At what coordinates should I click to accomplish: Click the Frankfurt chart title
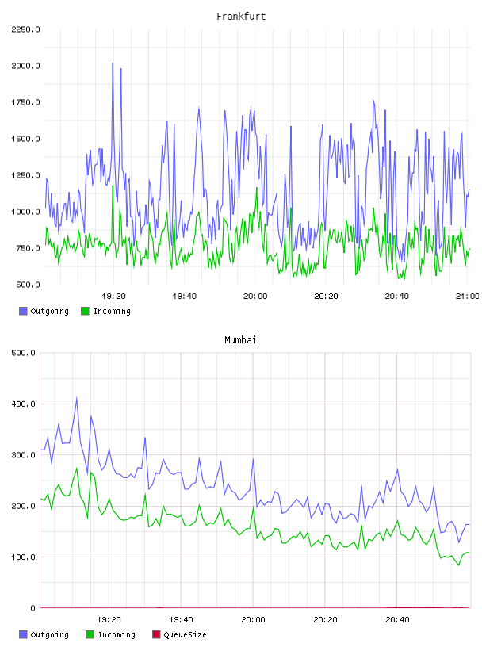point(241,17)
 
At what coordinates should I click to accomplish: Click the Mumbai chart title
point(240,340)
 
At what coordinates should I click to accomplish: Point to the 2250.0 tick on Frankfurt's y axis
point(25,29)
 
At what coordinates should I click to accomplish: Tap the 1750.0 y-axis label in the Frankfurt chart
point(25,102)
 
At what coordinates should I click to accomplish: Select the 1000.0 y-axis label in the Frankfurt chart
point(25,212)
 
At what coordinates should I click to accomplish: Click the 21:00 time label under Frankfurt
point(468,296)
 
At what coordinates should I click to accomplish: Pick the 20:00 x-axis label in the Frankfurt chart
point(255,296)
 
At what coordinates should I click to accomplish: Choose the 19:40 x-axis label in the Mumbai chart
point(182,619)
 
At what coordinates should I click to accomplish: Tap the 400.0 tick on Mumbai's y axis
point(24,404)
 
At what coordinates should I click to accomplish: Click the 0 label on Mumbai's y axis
point(33,608)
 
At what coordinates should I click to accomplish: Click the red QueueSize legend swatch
point(156,634)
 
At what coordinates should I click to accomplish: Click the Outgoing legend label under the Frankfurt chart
point(49,311)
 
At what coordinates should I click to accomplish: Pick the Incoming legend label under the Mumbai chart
point(117,634)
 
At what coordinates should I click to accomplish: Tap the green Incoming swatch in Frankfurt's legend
point(85,311)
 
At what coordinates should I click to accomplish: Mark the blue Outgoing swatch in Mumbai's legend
point(23,634)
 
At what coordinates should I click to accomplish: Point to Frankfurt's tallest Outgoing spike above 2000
point(113,63)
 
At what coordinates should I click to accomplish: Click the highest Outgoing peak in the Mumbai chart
point(76,399)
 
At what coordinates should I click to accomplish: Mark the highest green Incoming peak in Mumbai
point(76,469)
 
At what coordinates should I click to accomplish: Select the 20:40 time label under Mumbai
point(397,619)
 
